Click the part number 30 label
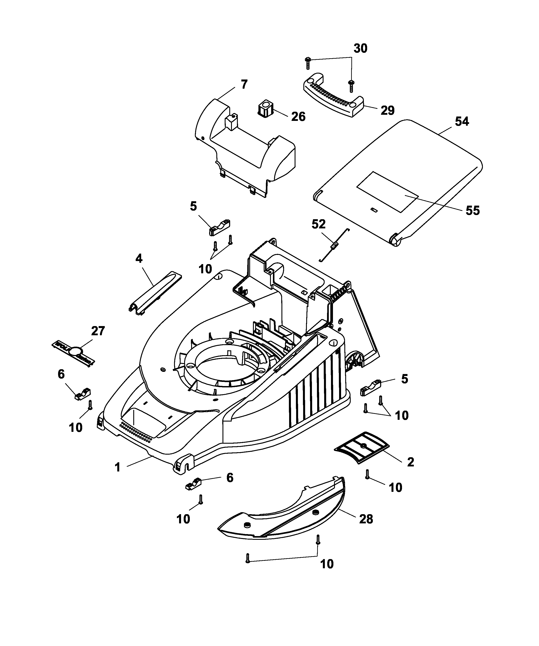360,49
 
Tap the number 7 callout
244,84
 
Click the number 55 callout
472,211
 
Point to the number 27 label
98,331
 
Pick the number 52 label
318,224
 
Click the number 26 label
298,117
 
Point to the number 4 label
139,259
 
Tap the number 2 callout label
410,471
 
